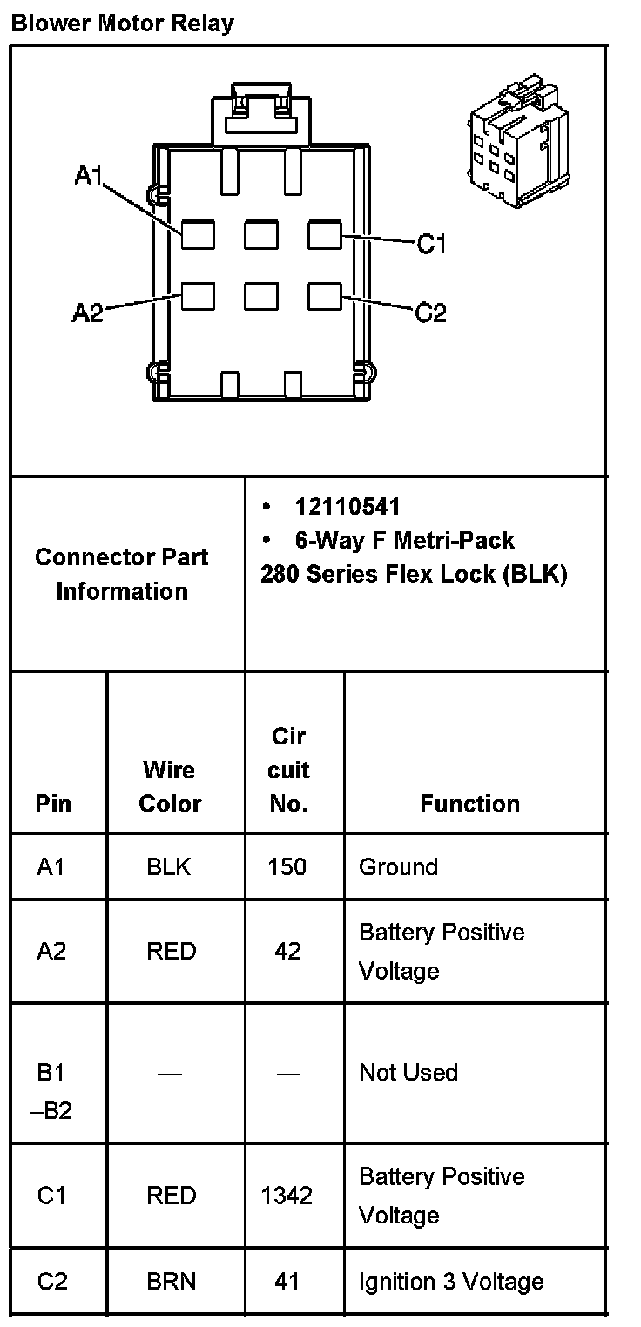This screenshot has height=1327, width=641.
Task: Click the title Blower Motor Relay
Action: tap(122, 23)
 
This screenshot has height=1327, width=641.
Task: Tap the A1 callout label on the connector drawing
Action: tap(89, 176)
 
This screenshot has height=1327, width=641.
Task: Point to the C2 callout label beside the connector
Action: tap(430, 312)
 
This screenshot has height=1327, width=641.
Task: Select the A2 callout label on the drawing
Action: tap(87, 313)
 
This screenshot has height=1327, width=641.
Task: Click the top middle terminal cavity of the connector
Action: tap(260, 235)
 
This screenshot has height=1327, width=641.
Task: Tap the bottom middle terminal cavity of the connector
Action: tap(260, 296)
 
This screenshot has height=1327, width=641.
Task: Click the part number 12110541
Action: tap(347, 507)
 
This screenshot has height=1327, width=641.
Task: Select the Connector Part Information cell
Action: tap(122, 574)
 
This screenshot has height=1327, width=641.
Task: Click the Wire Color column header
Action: tap(170, 786)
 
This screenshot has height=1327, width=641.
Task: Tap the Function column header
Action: tap(469, 804)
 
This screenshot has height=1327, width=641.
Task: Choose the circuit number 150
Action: tap(287, 867)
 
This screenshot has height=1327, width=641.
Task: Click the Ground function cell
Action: tap(398, 867)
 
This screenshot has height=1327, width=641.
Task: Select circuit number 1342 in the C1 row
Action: tap(287, 1196)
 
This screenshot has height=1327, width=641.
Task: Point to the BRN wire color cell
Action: tap(171, 1282)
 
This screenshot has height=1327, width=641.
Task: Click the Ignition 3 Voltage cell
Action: tap(451, 1282)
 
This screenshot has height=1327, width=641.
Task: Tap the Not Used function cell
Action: tap(408, 1072)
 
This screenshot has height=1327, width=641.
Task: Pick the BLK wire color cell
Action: tap(170, 867)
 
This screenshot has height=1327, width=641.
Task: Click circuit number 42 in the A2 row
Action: tap(287, 951)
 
